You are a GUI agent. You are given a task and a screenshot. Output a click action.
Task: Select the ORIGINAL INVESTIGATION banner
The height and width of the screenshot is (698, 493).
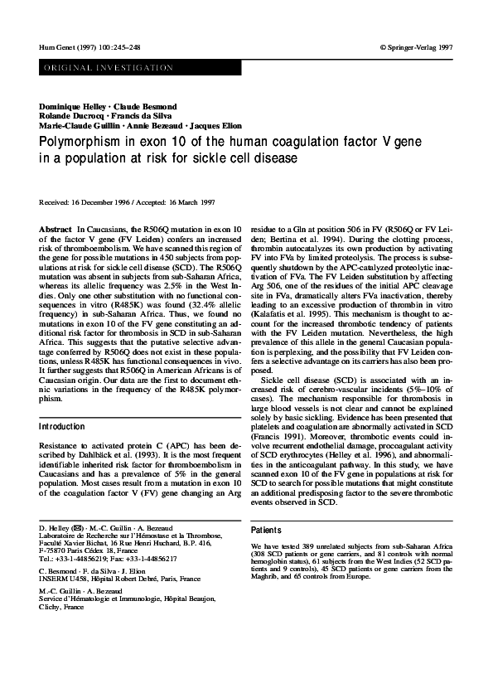click(90, 65)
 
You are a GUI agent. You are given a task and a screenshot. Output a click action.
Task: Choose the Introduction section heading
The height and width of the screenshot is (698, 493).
click(62, 427)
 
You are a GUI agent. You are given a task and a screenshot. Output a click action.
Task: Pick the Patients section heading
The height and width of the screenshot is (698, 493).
click(266, 530)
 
